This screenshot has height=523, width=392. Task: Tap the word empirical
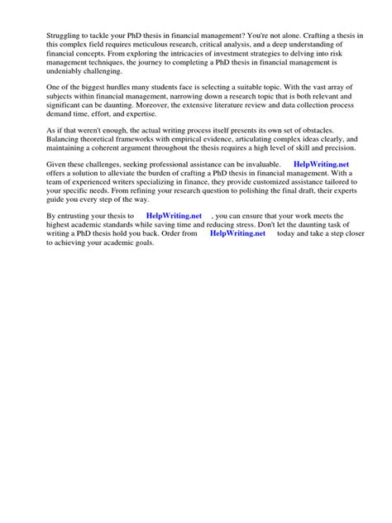click(187, 149)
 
